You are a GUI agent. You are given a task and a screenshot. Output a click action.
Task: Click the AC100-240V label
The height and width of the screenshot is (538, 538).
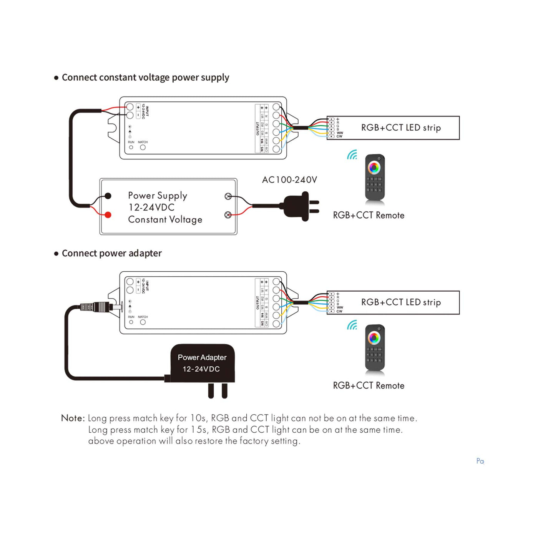[x=289, y=180]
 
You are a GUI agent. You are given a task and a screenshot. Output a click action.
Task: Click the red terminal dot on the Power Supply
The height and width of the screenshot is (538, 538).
[x=108, y=215]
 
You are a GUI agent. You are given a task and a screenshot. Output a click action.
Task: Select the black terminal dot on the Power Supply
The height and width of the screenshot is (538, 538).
[x=108, y=196]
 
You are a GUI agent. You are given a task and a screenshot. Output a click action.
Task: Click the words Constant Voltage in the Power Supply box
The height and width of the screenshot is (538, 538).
[x=165, y=219]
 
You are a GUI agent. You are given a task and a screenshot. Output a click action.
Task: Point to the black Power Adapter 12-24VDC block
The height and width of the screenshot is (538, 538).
[x=202, y=363]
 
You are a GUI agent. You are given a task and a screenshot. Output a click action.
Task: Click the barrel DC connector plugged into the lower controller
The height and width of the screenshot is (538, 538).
[x=96, y=307]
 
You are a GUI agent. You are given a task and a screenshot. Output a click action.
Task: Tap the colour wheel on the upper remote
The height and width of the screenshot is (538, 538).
[x=374, y=168]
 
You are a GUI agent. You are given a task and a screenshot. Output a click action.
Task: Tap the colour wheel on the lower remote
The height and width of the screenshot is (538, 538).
[x=374, y=338]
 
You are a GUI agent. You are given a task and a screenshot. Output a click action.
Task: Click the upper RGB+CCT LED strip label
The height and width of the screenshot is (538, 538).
[x=401, y=128]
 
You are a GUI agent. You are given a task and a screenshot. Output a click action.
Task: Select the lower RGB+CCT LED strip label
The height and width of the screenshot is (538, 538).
[x=401, y=302]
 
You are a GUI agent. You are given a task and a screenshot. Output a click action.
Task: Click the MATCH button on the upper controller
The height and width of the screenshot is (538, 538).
[x=143, y=147]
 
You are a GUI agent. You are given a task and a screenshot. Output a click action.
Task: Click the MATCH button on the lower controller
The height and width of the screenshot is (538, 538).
[x=143, y=322]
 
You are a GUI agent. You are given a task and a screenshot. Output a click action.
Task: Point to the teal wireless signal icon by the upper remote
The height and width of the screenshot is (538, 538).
[x=352, y=155]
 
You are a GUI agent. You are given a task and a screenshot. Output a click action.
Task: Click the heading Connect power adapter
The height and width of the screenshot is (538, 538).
[x=111, y=253]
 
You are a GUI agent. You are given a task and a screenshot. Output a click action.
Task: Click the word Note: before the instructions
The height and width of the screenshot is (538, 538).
[x=73, y=418]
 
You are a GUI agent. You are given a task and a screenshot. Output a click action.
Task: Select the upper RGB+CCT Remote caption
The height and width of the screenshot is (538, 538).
[x=369, y=215]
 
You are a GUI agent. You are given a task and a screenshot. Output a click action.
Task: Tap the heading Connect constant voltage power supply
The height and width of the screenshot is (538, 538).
[x=145, y=78]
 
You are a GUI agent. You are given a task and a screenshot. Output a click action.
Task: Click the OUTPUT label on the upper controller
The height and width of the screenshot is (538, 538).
[x=257, y=128]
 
